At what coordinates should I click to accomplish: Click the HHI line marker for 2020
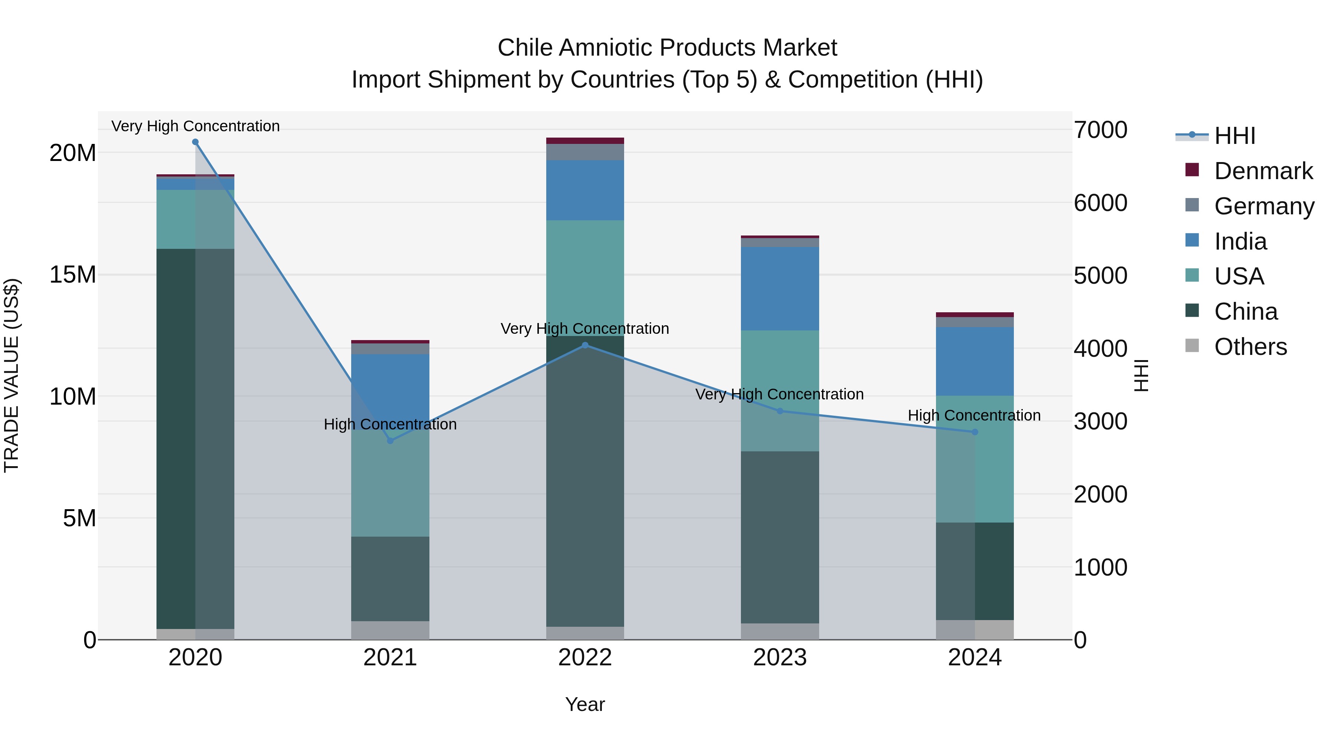[x=195, y=142]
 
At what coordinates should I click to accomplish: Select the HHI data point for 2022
[x=585, y=345]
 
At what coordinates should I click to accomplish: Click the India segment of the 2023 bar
[x=780, y=289]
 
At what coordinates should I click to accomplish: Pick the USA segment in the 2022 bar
[x=585, y=278]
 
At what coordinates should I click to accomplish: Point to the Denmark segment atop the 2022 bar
[x=585, y=141]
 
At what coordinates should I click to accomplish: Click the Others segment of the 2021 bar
[x=390, y=630]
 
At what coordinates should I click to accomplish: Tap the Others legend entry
[x=1250, y=347]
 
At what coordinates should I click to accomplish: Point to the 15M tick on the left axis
[x=73, y=275]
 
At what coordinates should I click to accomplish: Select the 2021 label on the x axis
[x=390, y=658]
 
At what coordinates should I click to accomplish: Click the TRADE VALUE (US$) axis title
[x=11, y=375]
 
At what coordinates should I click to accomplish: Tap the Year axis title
[x=585, y=704]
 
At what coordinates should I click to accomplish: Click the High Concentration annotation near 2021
[x=390, y=425]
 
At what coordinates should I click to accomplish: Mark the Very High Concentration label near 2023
[x=779, y=395]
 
